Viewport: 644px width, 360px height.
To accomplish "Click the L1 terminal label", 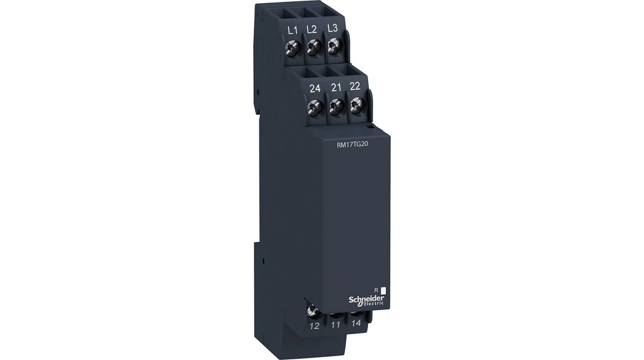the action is [292, 30].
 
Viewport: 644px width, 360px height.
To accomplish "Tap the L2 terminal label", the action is [312, 29].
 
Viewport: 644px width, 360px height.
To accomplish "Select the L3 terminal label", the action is [332, 28].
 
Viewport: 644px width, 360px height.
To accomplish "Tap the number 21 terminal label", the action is [336, 88].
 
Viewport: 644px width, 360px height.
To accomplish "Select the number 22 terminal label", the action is [355, 86].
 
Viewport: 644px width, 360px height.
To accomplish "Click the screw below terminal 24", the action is [316, 108].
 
